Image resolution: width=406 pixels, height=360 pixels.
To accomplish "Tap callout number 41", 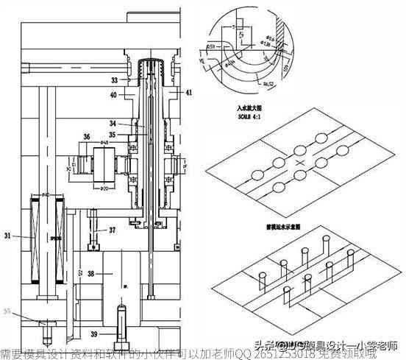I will (188, 93).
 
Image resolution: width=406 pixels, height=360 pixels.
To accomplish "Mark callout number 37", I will (112, 230).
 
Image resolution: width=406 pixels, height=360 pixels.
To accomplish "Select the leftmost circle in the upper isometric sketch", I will (259, 175).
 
